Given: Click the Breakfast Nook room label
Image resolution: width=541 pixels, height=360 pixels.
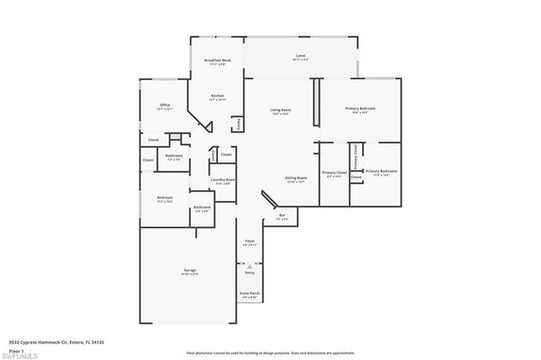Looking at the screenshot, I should (x=218, y=61).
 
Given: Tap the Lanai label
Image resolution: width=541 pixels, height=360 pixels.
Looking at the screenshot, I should (x=300, y=57).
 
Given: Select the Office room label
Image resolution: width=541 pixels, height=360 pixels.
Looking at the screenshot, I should (x=153, y=106).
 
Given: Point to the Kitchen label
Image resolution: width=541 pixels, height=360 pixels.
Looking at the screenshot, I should (x=217, y=97).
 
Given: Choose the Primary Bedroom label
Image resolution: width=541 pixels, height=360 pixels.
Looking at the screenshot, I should (x=360, y=110).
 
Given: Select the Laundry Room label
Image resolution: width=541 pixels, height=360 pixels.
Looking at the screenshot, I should (x=224, y=180).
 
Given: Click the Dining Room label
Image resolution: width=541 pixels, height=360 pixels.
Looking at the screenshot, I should (x=296, y=178).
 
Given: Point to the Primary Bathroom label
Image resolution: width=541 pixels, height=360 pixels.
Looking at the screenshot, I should (x=380, y=172).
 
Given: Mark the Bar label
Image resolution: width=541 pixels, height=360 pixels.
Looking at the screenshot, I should (x=281, y=216).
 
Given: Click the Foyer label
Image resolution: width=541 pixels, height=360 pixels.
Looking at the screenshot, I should (x=250, y=242).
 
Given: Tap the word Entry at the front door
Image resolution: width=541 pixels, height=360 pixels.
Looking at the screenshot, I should (x=249, y=273).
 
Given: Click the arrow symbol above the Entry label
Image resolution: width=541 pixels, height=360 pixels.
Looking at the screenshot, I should (x=249, y=265).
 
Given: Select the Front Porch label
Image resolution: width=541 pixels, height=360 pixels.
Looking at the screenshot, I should (x=250, y=295).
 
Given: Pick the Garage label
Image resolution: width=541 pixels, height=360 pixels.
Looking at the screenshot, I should (x=189, y=271).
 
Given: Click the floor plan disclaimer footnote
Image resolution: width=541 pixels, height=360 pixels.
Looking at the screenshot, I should (x=270, y=350).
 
